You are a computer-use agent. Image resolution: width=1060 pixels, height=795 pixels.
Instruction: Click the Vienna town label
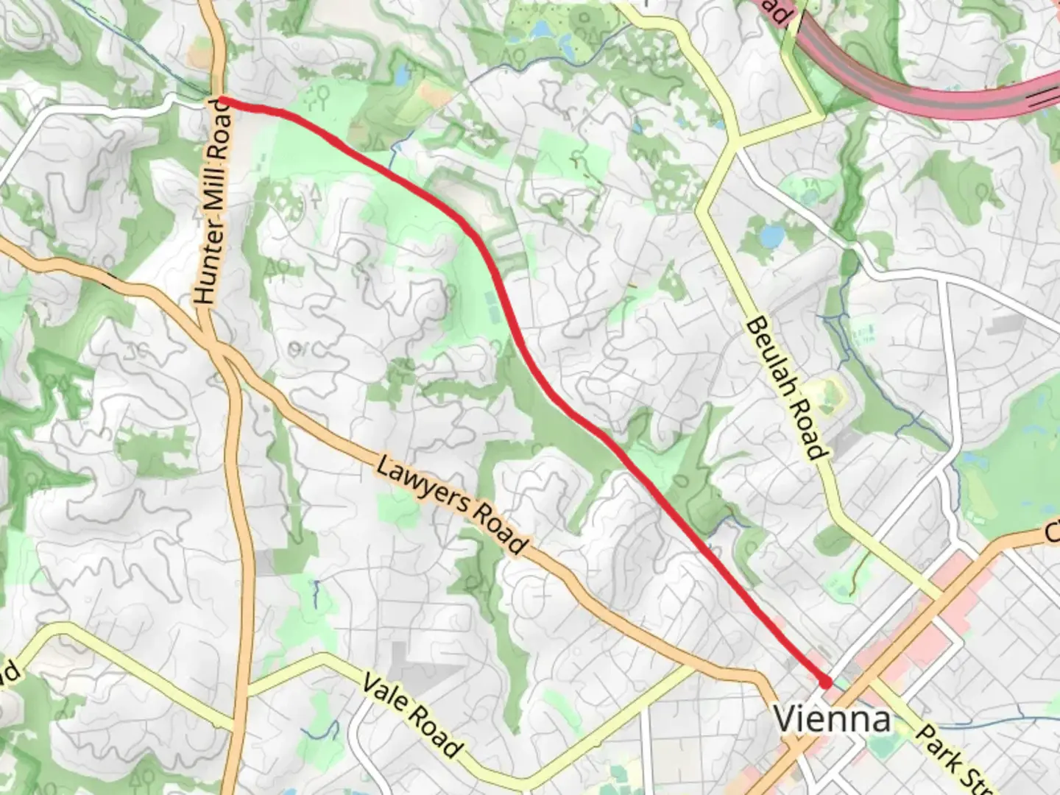click(832, 718)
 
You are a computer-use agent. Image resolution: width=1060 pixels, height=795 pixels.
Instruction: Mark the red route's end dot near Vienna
click(826, 682)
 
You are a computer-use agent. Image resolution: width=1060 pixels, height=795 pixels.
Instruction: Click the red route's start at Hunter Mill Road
click(222, 101)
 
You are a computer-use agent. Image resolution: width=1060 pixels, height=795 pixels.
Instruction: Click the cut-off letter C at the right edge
click(1053, 531)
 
